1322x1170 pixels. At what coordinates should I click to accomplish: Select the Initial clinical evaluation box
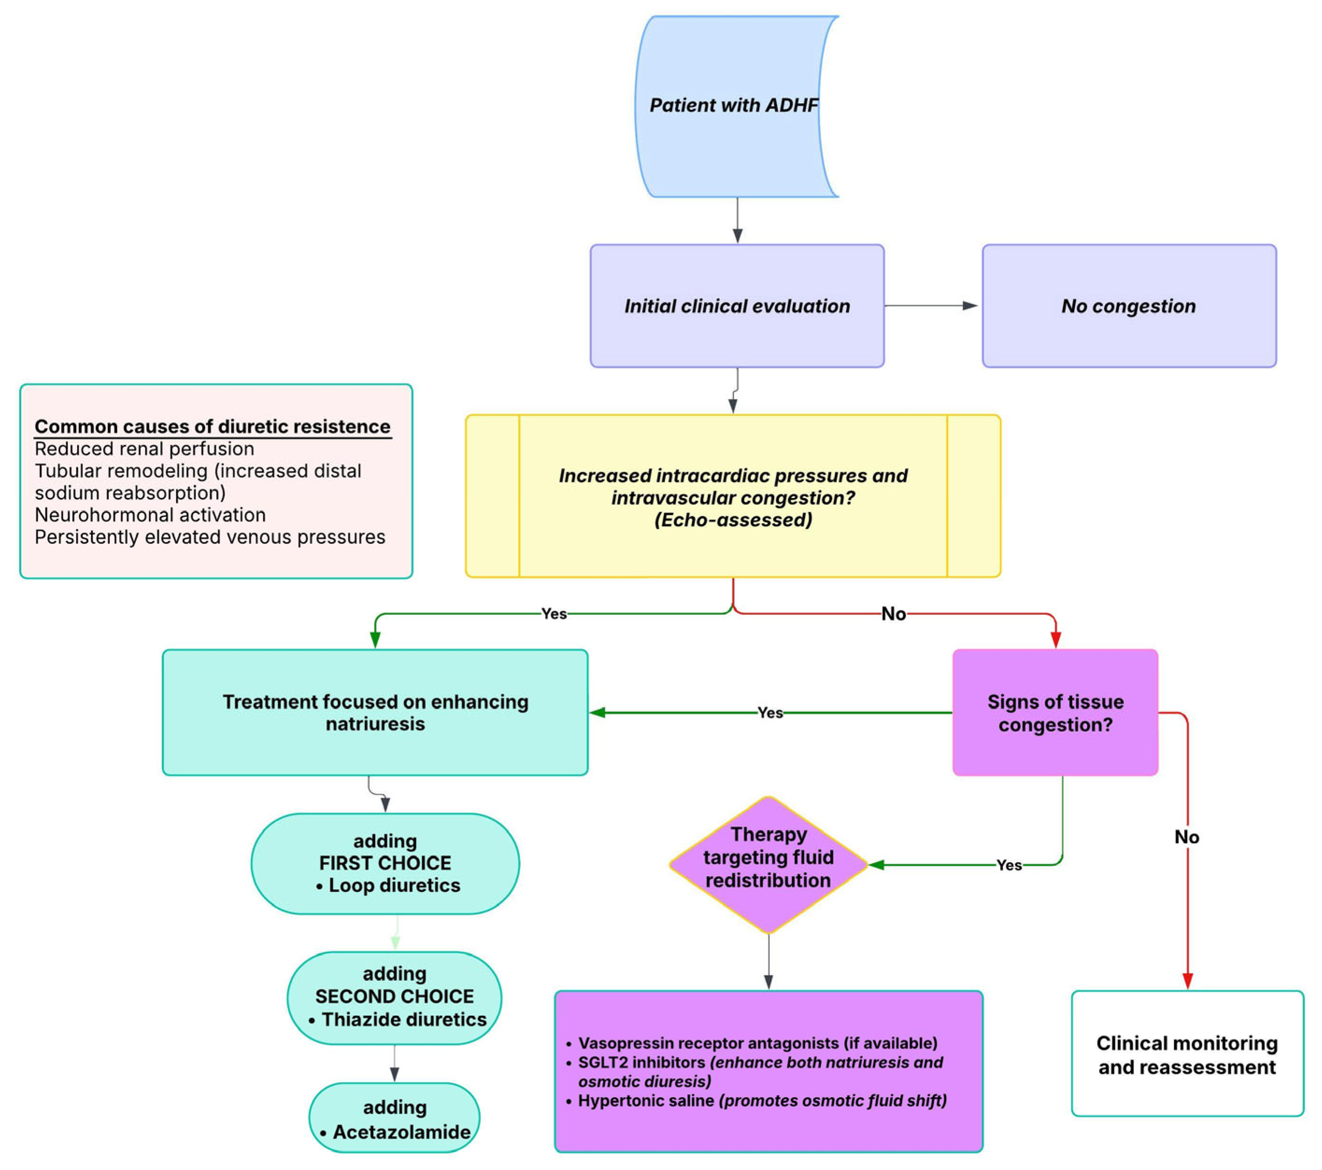coord(737,306)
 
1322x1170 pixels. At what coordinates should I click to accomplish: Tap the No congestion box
coord(1129,306)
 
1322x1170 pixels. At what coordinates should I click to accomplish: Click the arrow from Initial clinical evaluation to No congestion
coord(931,306)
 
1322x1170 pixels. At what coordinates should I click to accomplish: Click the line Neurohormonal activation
coord(150,515)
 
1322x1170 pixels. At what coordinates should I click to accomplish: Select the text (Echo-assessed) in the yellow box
coord(733,520)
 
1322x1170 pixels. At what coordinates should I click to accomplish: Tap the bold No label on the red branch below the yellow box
coord(893,614)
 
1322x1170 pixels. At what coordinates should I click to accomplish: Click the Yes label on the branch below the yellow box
coord(554,614)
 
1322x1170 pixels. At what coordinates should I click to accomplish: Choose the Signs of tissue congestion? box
coord(1055,713)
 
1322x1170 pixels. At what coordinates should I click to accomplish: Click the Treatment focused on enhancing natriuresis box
coord(375,713)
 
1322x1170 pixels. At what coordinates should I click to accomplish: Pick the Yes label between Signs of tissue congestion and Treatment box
coord(770,713)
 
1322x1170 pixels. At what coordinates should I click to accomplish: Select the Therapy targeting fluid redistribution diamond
coord(768,857)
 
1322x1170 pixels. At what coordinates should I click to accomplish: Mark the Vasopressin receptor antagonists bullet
coord(756,1043)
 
